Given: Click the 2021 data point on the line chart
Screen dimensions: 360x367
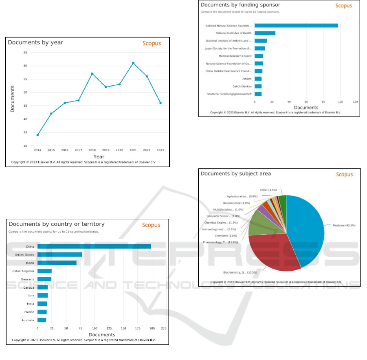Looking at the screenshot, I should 133,63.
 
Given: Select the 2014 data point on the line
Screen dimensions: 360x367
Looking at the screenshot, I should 37,135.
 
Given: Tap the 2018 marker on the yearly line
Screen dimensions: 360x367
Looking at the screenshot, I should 92,73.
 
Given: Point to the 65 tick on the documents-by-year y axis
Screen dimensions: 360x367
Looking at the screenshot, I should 25,53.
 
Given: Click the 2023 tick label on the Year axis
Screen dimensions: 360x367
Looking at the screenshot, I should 160,150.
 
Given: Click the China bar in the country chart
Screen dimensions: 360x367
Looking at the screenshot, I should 94,246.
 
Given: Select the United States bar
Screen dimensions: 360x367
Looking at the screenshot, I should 60,254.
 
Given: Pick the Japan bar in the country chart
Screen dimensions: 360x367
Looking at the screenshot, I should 57,263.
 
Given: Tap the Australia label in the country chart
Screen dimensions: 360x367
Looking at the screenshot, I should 28,320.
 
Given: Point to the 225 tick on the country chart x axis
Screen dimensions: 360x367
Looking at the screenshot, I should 163,328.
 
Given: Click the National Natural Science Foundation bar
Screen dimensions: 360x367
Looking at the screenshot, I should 296,25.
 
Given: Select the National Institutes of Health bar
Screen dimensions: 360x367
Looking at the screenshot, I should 265,33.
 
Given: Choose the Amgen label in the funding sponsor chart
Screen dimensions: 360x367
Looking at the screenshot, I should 247,79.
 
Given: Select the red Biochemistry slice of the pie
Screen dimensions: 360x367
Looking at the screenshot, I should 273,253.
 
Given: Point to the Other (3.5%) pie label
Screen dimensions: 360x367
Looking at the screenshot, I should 268,190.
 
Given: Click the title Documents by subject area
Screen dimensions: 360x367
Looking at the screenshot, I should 236,174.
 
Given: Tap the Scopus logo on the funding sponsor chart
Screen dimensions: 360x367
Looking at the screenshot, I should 343,6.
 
